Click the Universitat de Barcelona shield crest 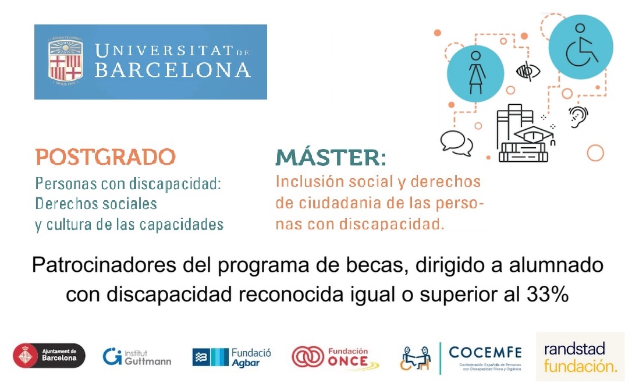(x=65, y=61)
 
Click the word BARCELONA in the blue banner (x=172, y=70)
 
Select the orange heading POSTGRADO (x=105, y=157)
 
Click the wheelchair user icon (x=581, y=47)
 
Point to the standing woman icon (x=475, y=73)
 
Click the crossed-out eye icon (x=528, y=72)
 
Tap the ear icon (x=578, y=116)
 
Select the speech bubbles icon (x=456, y=143)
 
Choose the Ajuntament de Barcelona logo (x=49, y=355)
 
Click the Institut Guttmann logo (x=137, y=357)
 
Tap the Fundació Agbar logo (x=232, y=357)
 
